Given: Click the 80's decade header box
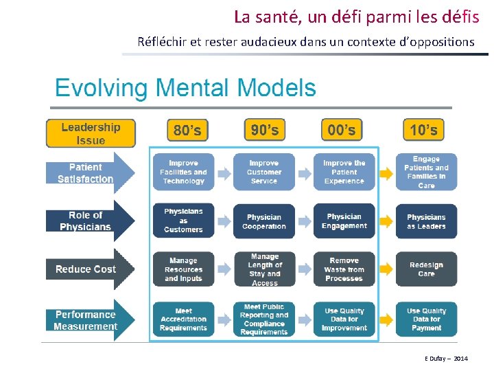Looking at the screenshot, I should click(x=187, y=130).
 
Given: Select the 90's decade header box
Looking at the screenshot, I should click(x=264, y=129).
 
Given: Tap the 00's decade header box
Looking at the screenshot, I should click(x=341, y=129).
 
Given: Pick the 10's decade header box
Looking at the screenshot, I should click(x=423, y=129).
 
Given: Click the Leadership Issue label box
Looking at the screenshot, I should click(x=91, y=133).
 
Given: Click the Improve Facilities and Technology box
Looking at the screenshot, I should click(x=183, y=172).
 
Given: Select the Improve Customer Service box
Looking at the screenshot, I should click(x=264, y=172).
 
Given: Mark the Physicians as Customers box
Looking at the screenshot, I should click(x=183, y=221).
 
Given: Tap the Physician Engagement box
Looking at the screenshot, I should click(x=344, y=221).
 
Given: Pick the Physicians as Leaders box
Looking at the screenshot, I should click(x=426, y=221).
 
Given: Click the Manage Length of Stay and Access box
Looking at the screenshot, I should click(x=264, y=269).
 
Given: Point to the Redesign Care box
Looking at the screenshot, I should click(x=426, y=269).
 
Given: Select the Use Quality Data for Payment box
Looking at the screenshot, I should click(x=426, y=319).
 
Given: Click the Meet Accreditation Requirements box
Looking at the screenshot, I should click(x=183, y=319).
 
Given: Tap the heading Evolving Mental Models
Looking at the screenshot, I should click(x=185, y=89).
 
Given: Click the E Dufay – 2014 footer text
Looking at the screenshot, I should click(x=446, y=359).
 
